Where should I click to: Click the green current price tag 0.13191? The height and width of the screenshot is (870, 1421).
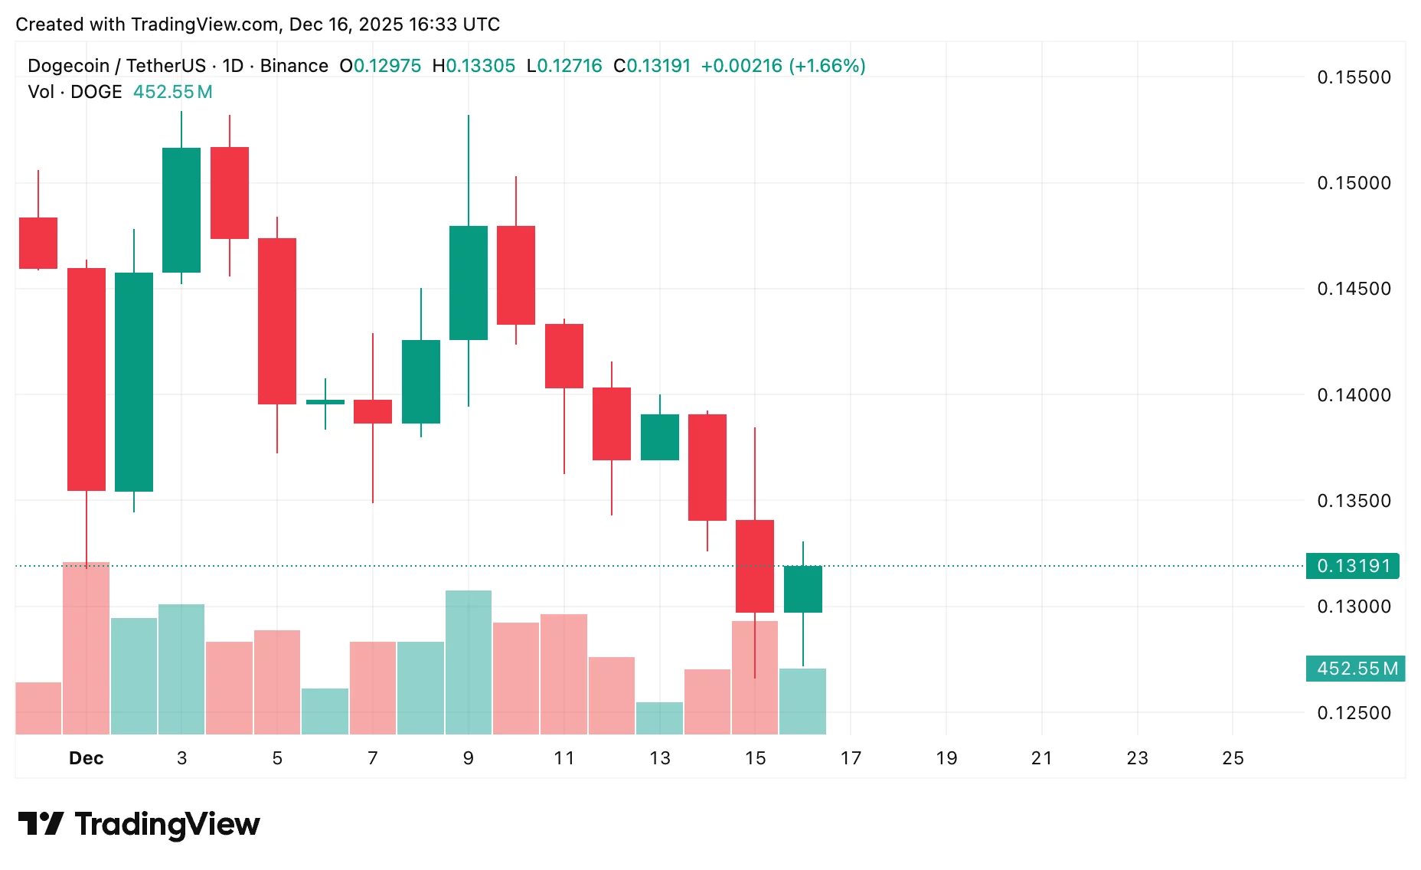1352,566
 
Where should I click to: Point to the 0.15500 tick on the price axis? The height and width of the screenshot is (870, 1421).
1354,77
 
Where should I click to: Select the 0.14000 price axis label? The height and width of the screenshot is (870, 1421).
1354,395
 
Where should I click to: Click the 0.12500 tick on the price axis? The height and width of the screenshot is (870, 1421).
1354,713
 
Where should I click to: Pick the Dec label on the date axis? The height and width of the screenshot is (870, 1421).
86,758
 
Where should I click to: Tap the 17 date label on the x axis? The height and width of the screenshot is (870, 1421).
851,758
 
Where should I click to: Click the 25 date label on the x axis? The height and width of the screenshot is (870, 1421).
1233,758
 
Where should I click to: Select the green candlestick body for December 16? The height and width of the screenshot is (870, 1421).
803,589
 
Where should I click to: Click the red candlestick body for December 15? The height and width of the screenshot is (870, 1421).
755,566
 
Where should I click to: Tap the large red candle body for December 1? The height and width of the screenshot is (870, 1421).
87,379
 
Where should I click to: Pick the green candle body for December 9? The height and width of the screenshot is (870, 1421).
469,283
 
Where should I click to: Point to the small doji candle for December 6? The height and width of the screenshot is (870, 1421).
325,401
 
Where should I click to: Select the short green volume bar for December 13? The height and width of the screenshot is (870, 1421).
659,718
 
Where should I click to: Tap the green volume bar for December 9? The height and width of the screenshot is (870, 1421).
469,662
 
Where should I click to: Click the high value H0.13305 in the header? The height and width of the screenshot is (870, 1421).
474,66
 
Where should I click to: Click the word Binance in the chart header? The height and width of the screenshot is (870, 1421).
294,66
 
